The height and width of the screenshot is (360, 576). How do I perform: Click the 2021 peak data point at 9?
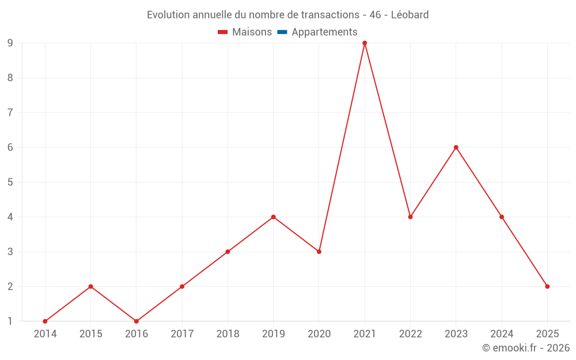click(365, 43)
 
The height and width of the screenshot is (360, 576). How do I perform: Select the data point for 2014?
click(45, 321)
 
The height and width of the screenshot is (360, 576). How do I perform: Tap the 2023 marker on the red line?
click(456, 147)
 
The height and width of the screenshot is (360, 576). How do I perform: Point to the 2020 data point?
click(319, 252)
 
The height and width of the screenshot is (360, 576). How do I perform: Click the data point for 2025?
click(547, 286)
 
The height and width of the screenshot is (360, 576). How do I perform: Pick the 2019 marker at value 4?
click(274, 217)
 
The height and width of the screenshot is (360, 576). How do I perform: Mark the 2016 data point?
click(137, 321)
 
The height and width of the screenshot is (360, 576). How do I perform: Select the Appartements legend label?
click(324, 32)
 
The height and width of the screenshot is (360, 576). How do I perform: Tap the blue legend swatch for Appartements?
click(282, 32)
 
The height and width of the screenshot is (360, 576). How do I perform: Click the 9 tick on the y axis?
click(10, 43)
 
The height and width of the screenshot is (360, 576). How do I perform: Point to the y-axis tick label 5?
click(10, 182)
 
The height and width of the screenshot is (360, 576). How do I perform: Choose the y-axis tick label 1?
click(10, 321)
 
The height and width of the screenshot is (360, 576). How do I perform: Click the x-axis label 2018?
click(228, 334)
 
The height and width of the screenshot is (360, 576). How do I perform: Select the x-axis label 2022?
click(410, 334)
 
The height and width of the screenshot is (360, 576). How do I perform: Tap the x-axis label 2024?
click(502, 334)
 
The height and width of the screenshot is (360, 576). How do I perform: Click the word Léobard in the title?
click(410, 15)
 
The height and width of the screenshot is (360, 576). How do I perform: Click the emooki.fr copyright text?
click(526, 348)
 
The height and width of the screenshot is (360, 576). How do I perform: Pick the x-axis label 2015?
click(90, 334)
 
